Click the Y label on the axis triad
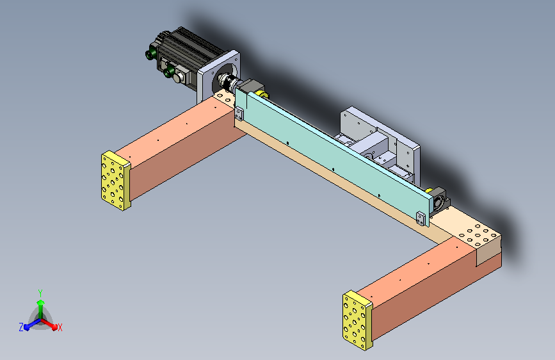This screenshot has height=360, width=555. [x=40, y=293]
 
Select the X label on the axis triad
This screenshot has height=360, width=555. [x=60, y=327]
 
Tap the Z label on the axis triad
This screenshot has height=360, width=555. [x=21, y=327]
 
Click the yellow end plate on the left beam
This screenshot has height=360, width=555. [x=115, y=181]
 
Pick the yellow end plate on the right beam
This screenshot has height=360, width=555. [x=357, y=320]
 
